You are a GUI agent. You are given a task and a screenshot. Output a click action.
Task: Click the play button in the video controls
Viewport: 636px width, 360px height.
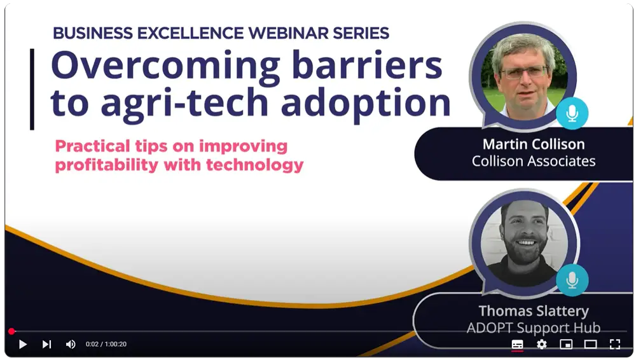pyautogui.click(x=23, y=344)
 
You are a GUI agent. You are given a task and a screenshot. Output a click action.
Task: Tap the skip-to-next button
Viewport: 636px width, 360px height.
pyautogui.click(x=46, y=344)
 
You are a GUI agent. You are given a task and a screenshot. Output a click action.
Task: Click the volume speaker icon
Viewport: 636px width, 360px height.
pyautogui.click(x=71, y=344)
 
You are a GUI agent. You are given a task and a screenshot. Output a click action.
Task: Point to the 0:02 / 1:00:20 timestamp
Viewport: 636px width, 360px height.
pyautogui.click(x=106, y=344)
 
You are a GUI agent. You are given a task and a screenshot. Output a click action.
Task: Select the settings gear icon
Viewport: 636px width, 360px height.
pyautogui.click(x=541, y=344)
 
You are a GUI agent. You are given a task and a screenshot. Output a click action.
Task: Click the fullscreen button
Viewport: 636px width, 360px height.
pyautogui.click(x=614, y=344)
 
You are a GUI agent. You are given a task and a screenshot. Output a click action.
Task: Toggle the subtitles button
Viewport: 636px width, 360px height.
pyautogui.click(x=517, y=344)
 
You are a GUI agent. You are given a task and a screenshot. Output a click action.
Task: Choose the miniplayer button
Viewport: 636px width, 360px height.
pyautogui.click(x=565, y=344)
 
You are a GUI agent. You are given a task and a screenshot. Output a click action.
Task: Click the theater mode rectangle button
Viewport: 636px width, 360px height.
pyautogui.click(x=590, y=344)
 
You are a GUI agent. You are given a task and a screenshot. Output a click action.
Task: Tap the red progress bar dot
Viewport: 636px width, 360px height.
pyautogui.click(x=11, y=331)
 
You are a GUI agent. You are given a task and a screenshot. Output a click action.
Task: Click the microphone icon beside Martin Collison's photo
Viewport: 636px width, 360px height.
pyautogui.click(x=572, y=114)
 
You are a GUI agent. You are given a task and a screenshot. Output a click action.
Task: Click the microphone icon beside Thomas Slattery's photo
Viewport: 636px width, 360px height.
pyautogui.click(x=572, y=279)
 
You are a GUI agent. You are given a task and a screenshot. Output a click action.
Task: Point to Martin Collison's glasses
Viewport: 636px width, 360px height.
pyautogui.click(x=523, y=71)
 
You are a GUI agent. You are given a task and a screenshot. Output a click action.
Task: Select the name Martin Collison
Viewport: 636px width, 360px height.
pyautogui.click(x=533, y=144)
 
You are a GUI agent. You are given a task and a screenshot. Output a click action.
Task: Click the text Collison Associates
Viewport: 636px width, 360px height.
pyautogui.click(x=533, y=161)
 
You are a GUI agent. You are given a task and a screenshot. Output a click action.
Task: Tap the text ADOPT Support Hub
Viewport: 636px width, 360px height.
pyautogui.click(x=533, y=328)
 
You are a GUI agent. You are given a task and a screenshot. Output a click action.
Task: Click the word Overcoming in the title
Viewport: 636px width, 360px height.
pyautogui.click(x=165, y=66)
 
